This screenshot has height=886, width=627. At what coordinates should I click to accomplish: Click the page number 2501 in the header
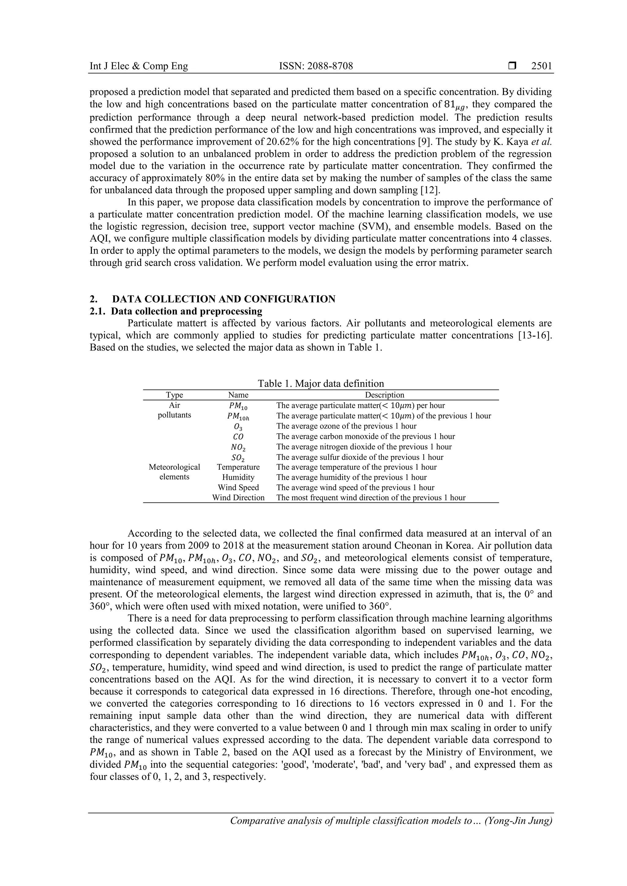coord(541,66)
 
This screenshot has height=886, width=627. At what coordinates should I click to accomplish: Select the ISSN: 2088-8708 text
coord(316,66)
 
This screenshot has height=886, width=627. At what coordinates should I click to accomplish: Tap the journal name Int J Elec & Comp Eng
coord(139,66)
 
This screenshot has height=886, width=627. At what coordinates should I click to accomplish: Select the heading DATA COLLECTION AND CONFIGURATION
coord(224,299)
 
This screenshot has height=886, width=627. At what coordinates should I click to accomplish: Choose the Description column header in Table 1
coord(385,395)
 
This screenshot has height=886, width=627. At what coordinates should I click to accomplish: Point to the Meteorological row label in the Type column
coord(174,467)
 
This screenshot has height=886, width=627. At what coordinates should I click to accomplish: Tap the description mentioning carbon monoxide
coord(366,436)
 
